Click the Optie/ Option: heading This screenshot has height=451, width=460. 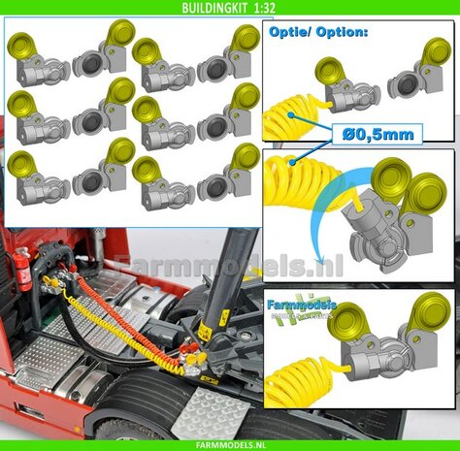(312, 32)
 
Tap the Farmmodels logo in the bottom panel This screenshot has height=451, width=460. (304, 310)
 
